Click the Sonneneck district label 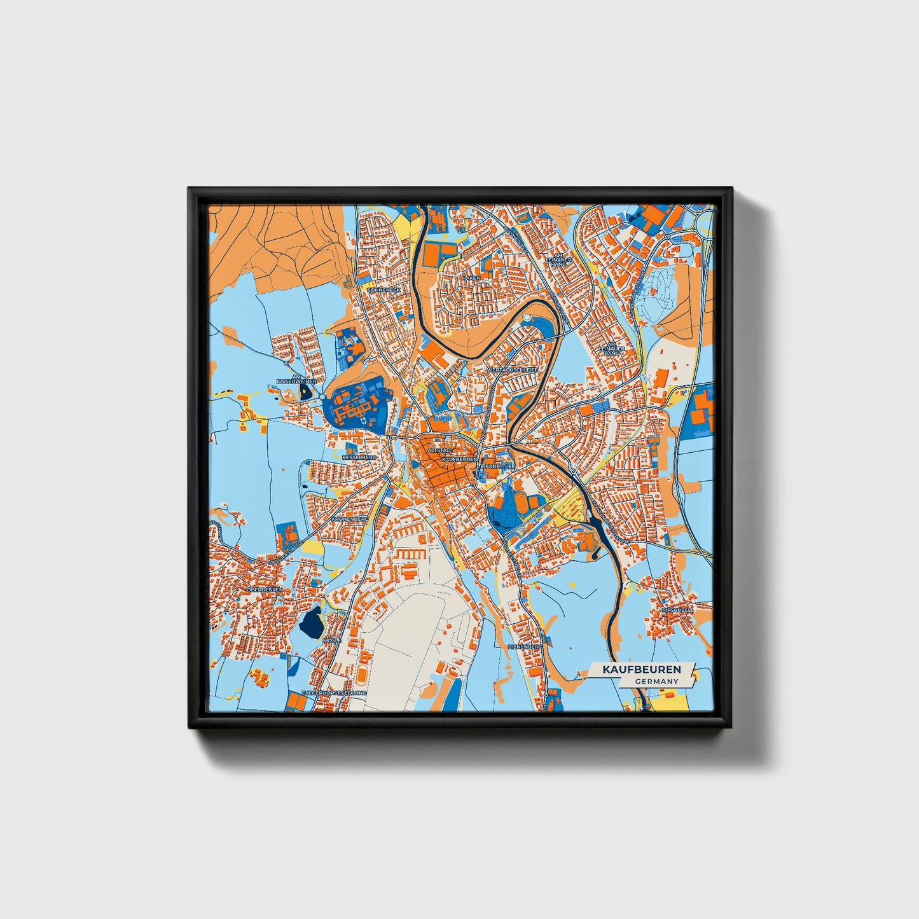click(x=385, y=289)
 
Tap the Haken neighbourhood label click(x=471, y=278)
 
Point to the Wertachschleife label click(x=512, y=370)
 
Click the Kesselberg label click(x=359, y=457)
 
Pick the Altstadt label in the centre click(x=441, y=450)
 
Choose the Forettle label click(x=499, y=466)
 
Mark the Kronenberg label click(x=350, y=519)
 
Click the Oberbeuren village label click(x=264, y=590)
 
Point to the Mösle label click(x=331, y=640)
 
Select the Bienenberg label click(x=525, y=646)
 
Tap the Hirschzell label click(x=677, y=609)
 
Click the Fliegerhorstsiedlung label click(x=334, y=692)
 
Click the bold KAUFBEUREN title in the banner click(x=642, y=670)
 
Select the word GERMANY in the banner click(x=656, y=681)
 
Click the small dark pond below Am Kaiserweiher click(x=308, y=390)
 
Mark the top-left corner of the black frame click(x=189, y=188)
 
